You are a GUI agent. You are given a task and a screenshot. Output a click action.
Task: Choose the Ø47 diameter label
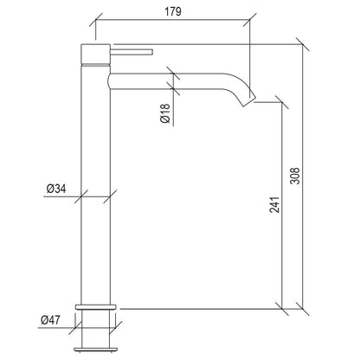(x=55, y=321)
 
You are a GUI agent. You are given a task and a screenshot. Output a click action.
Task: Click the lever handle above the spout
(x=130, y=55)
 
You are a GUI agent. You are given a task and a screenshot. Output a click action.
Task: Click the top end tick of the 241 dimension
(x=280, y=101)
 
